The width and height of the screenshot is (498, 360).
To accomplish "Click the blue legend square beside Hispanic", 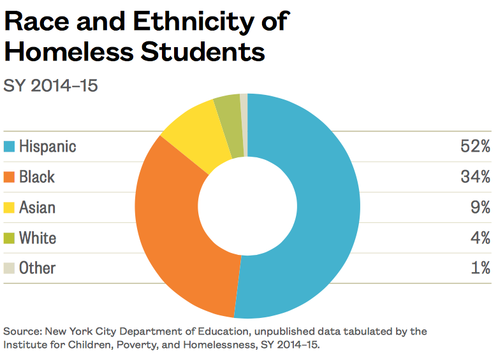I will click(x=9, y=147).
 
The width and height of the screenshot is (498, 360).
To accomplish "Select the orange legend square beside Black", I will click(x=9, y=177).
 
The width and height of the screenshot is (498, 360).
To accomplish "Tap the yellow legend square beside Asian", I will click(x=9, y=208).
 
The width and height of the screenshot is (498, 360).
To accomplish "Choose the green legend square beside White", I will click(x=9, y=238).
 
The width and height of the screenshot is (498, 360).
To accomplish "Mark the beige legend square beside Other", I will click(x=9, y=268).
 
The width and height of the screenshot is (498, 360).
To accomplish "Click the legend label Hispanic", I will click(x=47, y=147).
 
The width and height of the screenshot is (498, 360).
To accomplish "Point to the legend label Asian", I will click(x=37, y=208).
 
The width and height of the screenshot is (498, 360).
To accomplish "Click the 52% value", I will click(x=475, y=147).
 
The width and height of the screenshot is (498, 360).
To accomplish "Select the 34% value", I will click(x=475, y=177).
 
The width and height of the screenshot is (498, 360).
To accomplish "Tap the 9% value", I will click(x=480, y=208).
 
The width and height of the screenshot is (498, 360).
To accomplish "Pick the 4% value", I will click(x=480, y=238).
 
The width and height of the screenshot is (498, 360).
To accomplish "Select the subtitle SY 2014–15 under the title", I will click(x=51, y=85).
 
